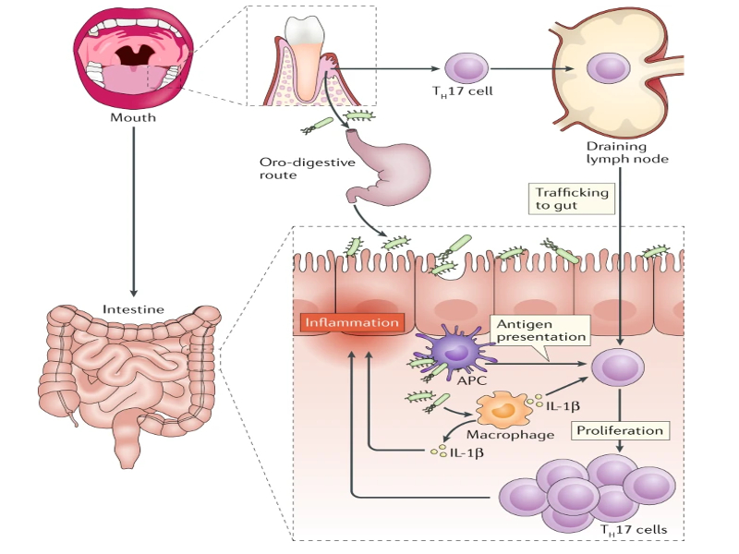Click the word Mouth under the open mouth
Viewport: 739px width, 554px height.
[133, 117]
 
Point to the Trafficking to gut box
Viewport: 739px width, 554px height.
[573, 199]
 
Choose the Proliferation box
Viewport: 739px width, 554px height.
[619, 430]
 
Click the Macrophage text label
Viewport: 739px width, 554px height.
[523, 434]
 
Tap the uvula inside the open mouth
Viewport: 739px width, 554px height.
[135, 57]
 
